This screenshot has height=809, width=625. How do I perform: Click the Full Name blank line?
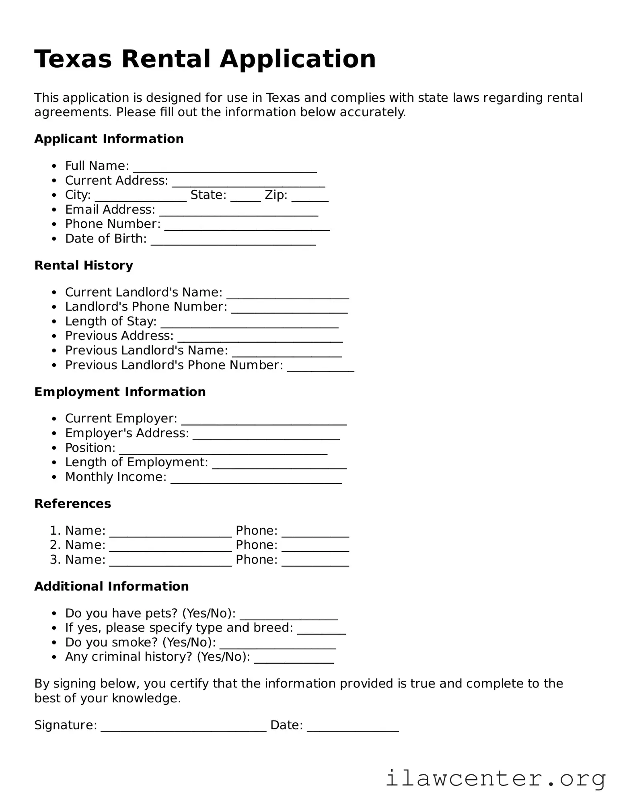point(225,167)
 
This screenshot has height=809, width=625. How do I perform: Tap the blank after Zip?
point(310,196)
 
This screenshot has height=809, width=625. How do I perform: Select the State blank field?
point(246,196)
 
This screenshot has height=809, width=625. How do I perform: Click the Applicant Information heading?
point(109,139)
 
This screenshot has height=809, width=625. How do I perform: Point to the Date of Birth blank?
point(233,240)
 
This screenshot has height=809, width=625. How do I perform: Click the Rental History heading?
point(84,266)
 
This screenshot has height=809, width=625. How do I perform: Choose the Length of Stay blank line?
point(249,323)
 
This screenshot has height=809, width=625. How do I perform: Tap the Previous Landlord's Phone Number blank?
point(321,366)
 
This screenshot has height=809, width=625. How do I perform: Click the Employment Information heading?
point(120,392)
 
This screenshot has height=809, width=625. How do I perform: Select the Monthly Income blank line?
point(256,478)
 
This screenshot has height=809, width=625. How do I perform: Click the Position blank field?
point(223,449)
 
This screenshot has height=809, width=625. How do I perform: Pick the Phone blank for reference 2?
point(315,546)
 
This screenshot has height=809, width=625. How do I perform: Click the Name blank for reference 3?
point(171,561)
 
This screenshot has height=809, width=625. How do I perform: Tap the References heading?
point(72,504)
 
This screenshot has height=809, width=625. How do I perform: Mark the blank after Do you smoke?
point(278,644)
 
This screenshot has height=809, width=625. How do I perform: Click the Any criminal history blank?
point(294,658)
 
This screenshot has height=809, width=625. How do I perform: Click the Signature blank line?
point(183,727)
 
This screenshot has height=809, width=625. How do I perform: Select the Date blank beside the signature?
point(353,727)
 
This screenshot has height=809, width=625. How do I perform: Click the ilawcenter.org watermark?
point(495,779)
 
